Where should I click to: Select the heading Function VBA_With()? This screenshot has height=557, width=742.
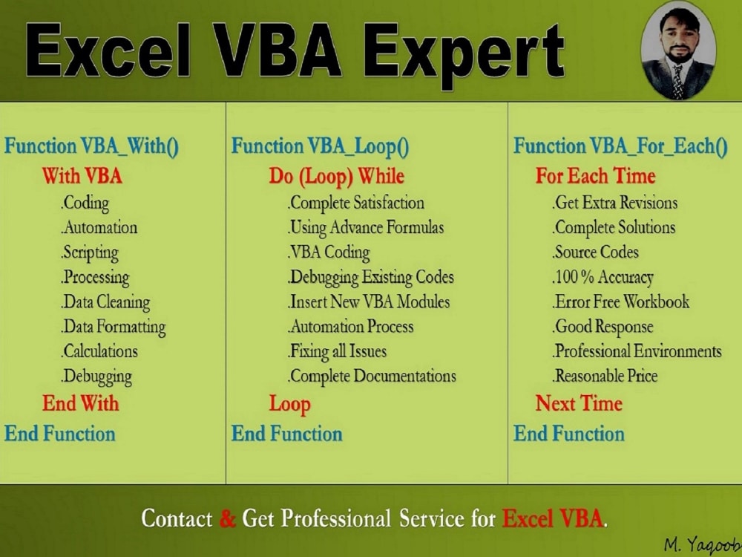pyautogui.click(x=91, y=146)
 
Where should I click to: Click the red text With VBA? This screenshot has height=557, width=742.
pyautogui.click(x=82, y=176)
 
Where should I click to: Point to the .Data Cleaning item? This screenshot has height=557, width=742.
pyautogui.click(x=106, y=302)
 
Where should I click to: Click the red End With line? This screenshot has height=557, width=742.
pyautogui.click(x=80, y=403)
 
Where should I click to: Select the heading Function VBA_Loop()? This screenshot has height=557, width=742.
pyautogui.click(x=320, y=146)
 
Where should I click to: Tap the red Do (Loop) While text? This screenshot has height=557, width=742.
pyautogui.click(x=336, y=176)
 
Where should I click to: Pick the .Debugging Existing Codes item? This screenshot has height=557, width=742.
pyautogui.click(x=371, y=278)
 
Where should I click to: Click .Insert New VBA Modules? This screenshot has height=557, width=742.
pyautogui.click(x=369, y=302)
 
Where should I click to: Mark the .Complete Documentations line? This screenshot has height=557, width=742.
pyautogui.click(x=372, y=377)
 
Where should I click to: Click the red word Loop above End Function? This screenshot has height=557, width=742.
pyautogui.click(x=289, y=404)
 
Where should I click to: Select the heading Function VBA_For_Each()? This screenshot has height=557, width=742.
pyautogui.click(x=620, y=146)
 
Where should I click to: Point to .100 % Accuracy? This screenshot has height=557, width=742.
pyautogui.click(x=603, y=278)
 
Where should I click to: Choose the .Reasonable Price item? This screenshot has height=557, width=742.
pyautogui.click(x=605, y=377)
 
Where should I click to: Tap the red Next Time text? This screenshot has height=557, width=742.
pyautogui.click(x=579, y=403)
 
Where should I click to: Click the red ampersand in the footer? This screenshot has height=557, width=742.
pyautogui.click(x=228, y=518)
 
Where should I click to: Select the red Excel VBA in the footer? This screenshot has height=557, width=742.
pyautogui.click(x=554, y=518)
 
